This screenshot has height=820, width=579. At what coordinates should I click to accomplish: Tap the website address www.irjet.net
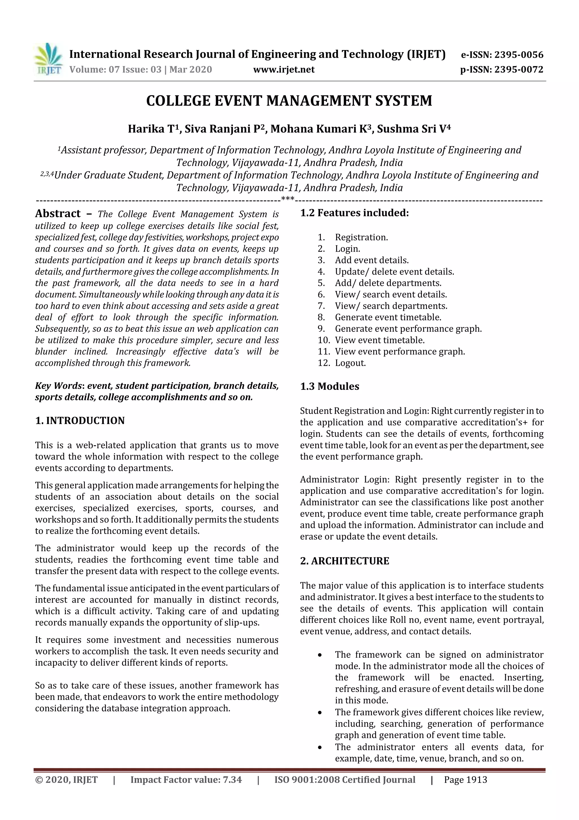coord(284,69)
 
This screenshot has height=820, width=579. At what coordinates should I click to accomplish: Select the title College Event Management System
coord(289,101)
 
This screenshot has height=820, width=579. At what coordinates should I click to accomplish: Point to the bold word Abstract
coord(58,214)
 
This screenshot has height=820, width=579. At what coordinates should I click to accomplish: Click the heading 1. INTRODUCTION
coord(80,421)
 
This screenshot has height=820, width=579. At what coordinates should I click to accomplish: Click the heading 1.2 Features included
coord(354,213)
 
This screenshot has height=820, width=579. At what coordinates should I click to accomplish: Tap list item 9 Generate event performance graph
coord(408,329)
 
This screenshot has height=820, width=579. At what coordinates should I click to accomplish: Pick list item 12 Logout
coord(350,363)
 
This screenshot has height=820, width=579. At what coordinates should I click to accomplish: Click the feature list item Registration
coord(361,237)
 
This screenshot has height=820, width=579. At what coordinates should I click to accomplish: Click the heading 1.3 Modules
coord(330,386)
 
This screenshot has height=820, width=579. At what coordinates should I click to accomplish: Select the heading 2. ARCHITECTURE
coord(345,561)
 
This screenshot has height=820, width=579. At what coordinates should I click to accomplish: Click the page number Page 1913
coord(465,780)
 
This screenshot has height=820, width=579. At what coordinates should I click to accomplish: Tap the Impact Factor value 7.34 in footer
coord(232,780)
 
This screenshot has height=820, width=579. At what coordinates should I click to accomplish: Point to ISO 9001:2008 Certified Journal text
coord(345,780)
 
